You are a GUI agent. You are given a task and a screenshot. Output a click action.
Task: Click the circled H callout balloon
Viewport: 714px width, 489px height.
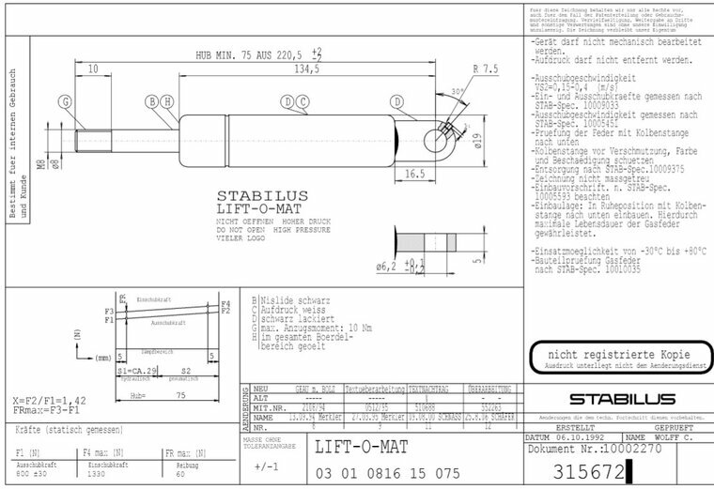(x=166, y=101)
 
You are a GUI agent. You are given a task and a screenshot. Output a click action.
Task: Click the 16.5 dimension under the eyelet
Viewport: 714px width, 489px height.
(x=417, y=175)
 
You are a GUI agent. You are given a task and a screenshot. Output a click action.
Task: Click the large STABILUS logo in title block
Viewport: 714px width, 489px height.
(x=614, y=400)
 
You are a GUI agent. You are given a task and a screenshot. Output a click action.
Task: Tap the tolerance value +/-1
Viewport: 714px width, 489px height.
(x=267, y=466)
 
